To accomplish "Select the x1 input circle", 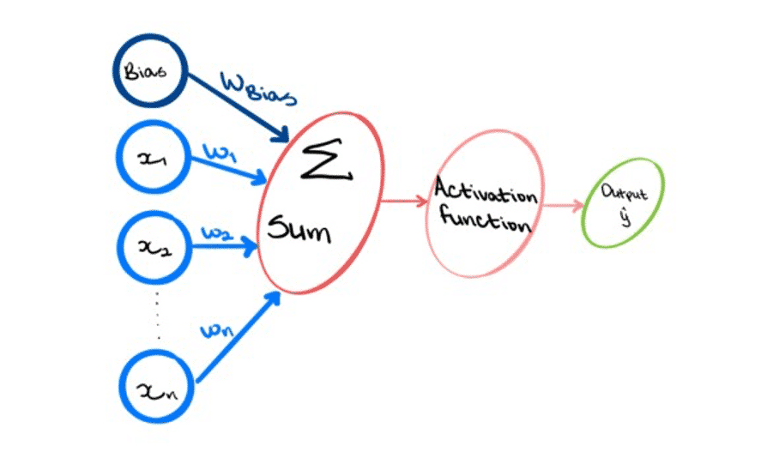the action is pyautogui.click(x=118, y=157).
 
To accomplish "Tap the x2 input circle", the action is pyautogui.click(x=119, y=248).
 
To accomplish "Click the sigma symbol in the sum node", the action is pyautogui.click(x=326, y=160).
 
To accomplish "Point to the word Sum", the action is pyautogui.click(x=299, y=229).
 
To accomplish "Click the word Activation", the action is pyautogui.click(x=486, y=190).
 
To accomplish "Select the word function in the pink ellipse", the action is pyautogui.click(x=486, y=220).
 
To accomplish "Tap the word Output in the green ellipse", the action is pyautogui.click(x=624, y=192).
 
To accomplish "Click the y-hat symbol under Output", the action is pyautogui.click(x=625, y=216).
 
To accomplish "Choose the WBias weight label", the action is pyautogui.click(x=258, y=89).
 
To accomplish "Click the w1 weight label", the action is pyautogui.click(x=220, y=153).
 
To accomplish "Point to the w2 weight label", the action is pyautogui.click(x=217, y=233).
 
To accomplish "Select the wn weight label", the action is pyautogui.click(x=217, y=330).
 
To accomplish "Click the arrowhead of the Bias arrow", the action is pyautogui.click(x=281, y=135).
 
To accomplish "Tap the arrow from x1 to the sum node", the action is pyautogui.click(x=229, y=171).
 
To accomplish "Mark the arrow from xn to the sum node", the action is pyautogui.click(x=239, y=336).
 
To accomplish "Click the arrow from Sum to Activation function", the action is pyautogui.click(x=405, y=200).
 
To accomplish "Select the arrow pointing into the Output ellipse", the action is pyautogui.click(x=564, y=205).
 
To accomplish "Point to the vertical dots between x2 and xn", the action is pyautogui.click(x=157, y=316).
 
